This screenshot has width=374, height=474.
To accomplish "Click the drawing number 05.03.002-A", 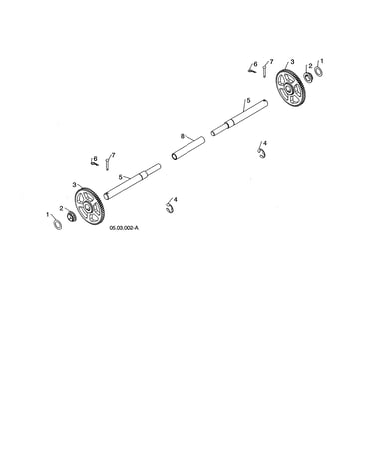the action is (124, 228).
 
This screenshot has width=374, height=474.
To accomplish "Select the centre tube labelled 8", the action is (188, 148).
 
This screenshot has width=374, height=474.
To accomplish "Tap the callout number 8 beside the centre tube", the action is (183, 136).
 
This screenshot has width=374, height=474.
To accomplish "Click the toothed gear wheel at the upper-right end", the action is (291, 88).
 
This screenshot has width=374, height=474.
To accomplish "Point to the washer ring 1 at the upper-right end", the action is (318, 71).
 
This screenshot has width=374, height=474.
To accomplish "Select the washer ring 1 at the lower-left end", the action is (58, 224).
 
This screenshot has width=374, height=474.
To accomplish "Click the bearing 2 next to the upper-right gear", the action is (308, 77).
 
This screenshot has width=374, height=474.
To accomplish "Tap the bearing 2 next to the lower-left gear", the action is (71, 216).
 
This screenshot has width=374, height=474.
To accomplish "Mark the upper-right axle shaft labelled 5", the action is (240, 117).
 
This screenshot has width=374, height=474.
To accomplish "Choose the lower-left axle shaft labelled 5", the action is (132, 181).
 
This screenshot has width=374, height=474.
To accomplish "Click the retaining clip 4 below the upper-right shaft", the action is (262, 153).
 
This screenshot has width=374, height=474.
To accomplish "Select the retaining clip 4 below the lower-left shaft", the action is (170, 208).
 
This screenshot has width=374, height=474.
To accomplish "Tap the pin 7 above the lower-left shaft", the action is (107, 164).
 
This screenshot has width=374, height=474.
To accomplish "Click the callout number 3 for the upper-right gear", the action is (292, 62).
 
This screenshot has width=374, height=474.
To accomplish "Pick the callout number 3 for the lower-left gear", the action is (74, 184).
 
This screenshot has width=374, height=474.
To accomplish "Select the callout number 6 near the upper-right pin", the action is (255, 64).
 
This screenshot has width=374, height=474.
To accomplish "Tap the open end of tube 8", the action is (175, 156).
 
